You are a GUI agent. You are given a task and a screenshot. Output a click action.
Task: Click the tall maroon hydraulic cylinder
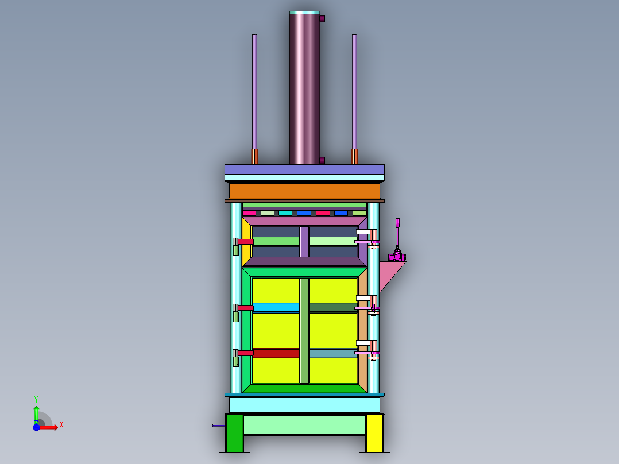(x=304, y=88)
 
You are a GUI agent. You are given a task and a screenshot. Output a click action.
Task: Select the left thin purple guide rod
(x=254, y=92)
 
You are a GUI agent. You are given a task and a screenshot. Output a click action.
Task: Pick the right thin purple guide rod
(x=354, y=92)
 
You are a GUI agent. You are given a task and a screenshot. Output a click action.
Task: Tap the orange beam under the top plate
(x=304, y=191)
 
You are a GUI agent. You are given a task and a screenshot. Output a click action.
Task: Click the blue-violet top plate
(x=304, y=169)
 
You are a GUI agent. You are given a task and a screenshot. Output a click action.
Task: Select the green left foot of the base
(x=234, y=433)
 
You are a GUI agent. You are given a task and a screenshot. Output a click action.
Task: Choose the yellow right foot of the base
(x=374, y=433)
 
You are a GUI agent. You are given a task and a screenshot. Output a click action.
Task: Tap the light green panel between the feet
(x=304, y=424)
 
